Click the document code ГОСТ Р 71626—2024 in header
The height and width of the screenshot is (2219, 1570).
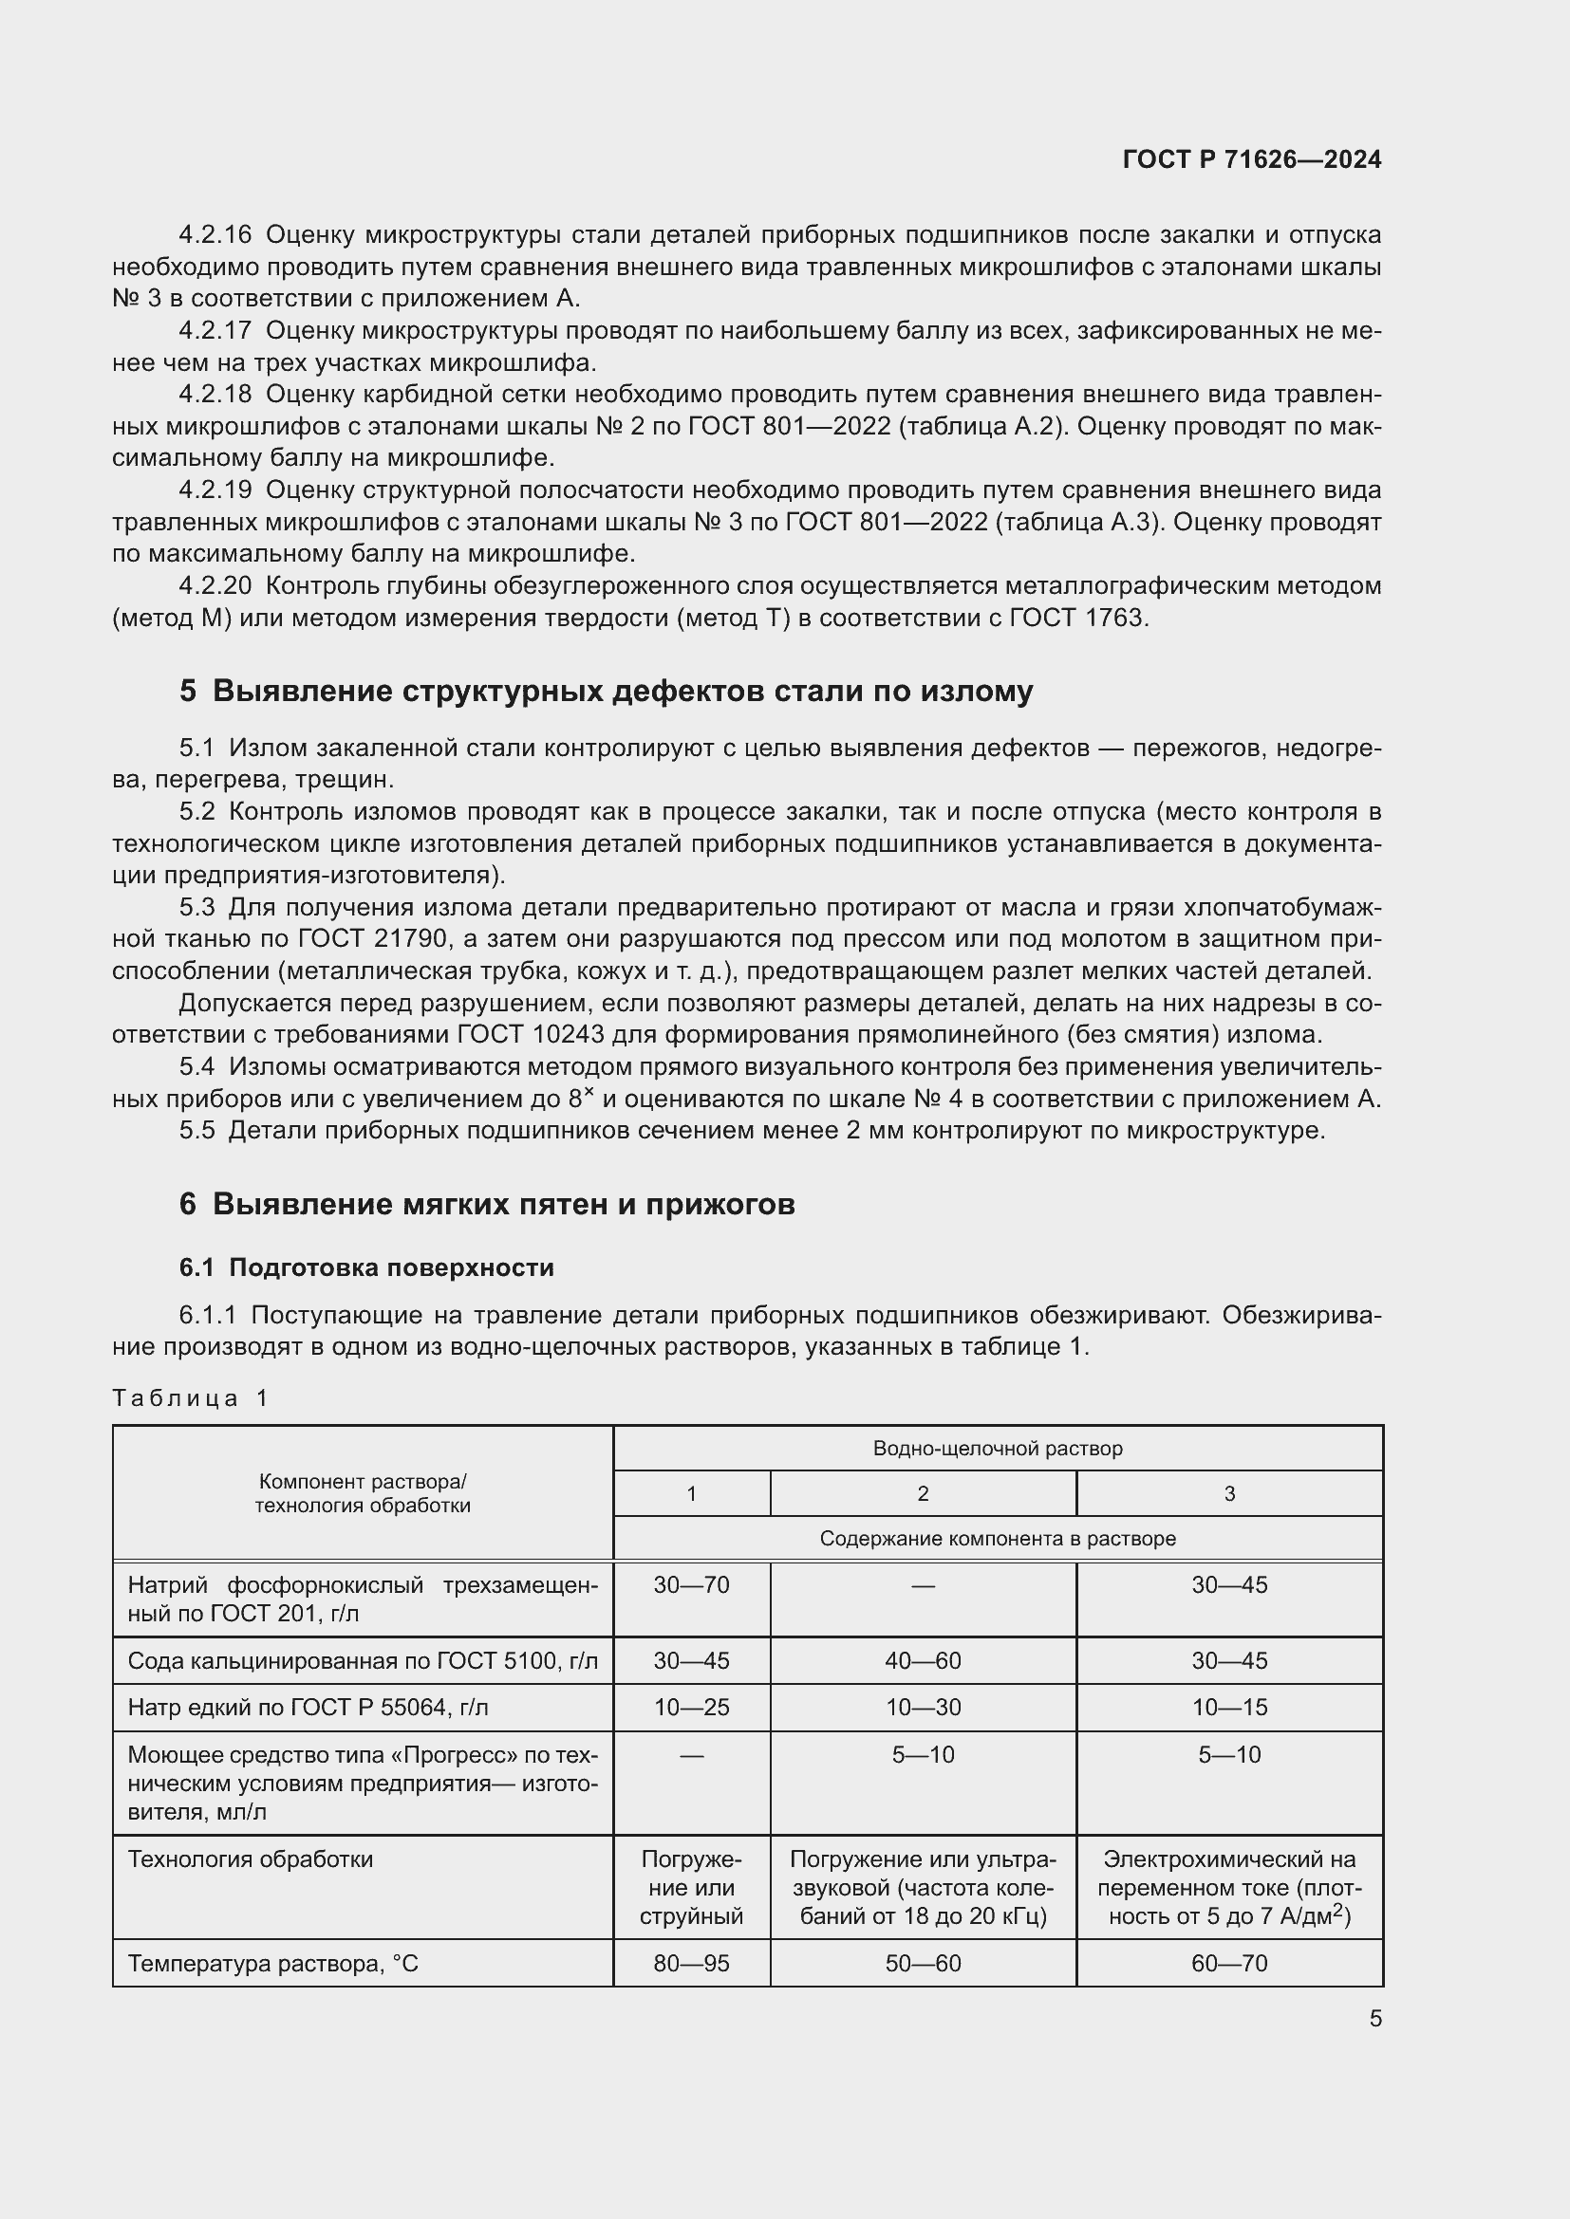1252,159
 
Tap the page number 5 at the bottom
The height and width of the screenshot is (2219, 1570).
1374,2018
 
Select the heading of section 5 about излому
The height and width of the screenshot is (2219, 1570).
607,691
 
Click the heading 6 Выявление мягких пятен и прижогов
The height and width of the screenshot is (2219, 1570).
486,1204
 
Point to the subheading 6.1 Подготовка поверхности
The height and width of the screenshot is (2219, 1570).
366,1267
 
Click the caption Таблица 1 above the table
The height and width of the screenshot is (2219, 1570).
191,1397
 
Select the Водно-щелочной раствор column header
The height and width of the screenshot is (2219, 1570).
997,1448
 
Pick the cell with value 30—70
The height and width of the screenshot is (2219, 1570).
691,1585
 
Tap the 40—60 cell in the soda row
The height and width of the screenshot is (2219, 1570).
923,1660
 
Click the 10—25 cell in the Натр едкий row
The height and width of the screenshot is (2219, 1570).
691,1707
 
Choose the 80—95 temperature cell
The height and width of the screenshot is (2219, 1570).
691,1963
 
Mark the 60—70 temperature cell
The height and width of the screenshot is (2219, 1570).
1228,1963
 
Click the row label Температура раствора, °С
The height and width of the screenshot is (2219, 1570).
273,1963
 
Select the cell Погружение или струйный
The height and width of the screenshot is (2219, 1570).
691,1888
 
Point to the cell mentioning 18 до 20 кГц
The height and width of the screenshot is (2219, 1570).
923,1888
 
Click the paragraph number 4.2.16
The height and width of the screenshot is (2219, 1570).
215,235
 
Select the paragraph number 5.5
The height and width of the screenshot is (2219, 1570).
196,1130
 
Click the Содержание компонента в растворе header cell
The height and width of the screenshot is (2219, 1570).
997,1538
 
